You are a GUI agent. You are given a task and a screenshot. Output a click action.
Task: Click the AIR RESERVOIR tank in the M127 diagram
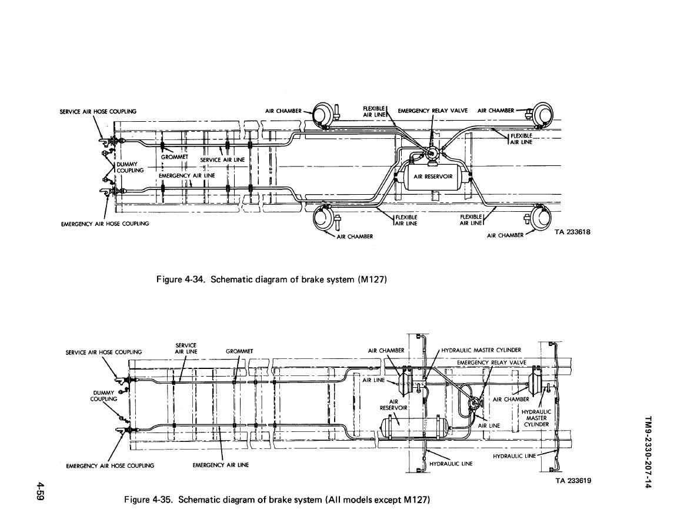(433, 177)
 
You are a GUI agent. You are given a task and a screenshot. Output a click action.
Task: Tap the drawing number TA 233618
(572, 232)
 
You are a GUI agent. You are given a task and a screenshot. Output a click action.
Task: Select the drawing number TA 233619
(573, 481)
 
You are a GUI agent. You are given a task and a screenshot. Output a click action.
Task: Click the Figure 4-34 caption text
(271, 280)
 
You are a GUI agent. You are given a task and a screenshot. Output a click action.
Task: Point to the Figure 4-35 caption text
(277, 500)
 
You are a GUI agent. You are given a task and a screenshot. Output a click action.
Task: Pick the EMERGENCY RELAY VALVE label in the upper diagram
(433, 111)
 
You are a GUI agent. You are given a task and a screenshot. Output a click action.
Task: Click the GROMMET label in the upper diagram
(175, 157)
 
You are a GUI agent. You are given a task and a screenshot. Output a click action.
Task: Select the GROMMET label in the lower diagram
(239, 351)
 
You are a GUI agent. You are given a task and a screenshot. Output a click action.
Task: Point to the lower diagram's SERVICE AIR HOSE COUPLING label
(104, 352)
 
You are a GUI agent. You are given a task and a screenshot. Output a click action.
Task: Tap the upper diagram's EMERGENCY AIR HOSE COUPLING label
(105, 224)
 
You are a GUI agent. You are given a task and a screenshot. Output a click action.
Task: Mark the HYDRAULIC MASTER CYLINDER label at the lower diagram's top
(481, 350)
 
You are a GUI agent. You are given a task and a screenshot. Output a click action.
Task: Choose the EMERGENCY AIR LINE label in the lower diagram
(221, 465)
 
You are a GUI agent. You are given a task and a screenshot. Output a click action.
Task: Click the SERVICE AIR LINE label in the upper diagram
(222, 159)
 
